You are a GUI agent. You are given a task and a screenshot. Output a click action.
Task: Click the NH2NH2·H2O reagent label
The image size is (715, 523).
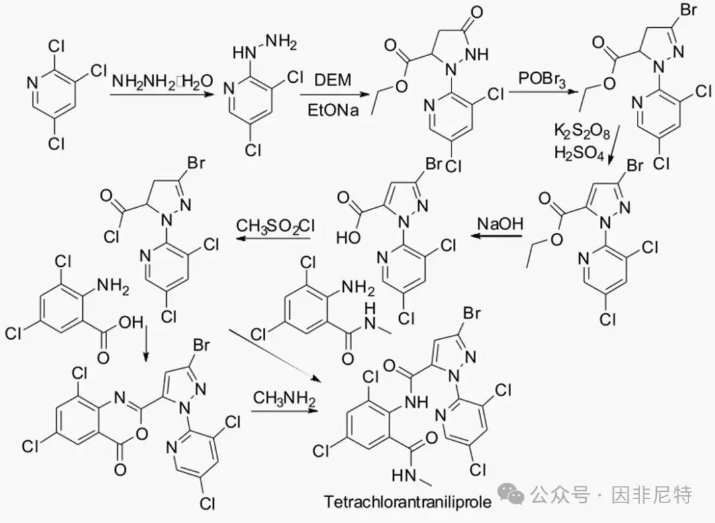[163, 81]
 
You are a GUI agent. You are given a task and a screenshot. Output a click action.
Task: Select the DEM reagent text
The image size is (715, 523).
[333, 80]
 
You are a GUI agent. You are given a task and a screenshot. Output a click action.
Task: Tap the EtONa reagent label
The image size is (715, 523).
[333, 111]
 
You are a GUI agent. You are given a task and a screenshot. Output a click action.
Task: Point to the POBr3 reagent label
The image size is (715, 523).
[542, 79]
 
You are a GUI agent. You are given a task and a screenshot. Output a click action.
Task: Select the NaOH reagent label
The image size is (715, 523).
[501, 224]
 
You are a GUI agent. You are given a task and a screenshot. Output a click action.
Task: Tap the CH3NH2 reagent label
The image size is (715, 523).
[284, 399]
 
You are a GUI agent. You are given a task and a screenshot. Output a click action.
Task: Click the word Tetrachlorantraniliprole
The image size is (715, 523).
[408, 502]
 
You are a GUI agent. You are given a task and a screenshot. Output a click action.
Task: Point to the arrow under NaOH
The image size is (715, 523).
[496, 236]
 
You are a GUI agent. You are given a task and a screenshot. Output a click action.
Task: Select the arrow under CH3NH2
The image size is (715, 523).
[284, 411]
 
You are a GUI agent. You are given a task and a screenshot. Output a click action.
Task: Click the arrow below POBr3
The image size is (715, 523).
[543, 92]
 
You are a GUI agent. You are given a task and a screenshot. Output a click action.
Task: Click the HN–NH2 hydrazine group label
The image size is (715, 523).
[264, 48]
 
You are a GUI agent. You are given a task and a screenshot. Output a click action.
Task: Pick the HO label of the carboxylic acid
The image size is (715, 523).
[348, 238]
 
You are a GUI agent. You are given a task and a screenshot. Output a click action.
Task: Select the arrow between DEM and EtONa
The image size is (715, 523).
[334, 95]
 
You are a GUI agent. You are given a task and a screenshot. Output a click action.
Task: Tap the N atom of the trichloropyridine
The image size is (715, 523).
[32, 83]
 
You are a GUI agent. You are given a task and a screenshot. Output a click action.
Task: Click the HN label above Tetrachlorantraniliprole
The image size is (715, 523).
[403, 475]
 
